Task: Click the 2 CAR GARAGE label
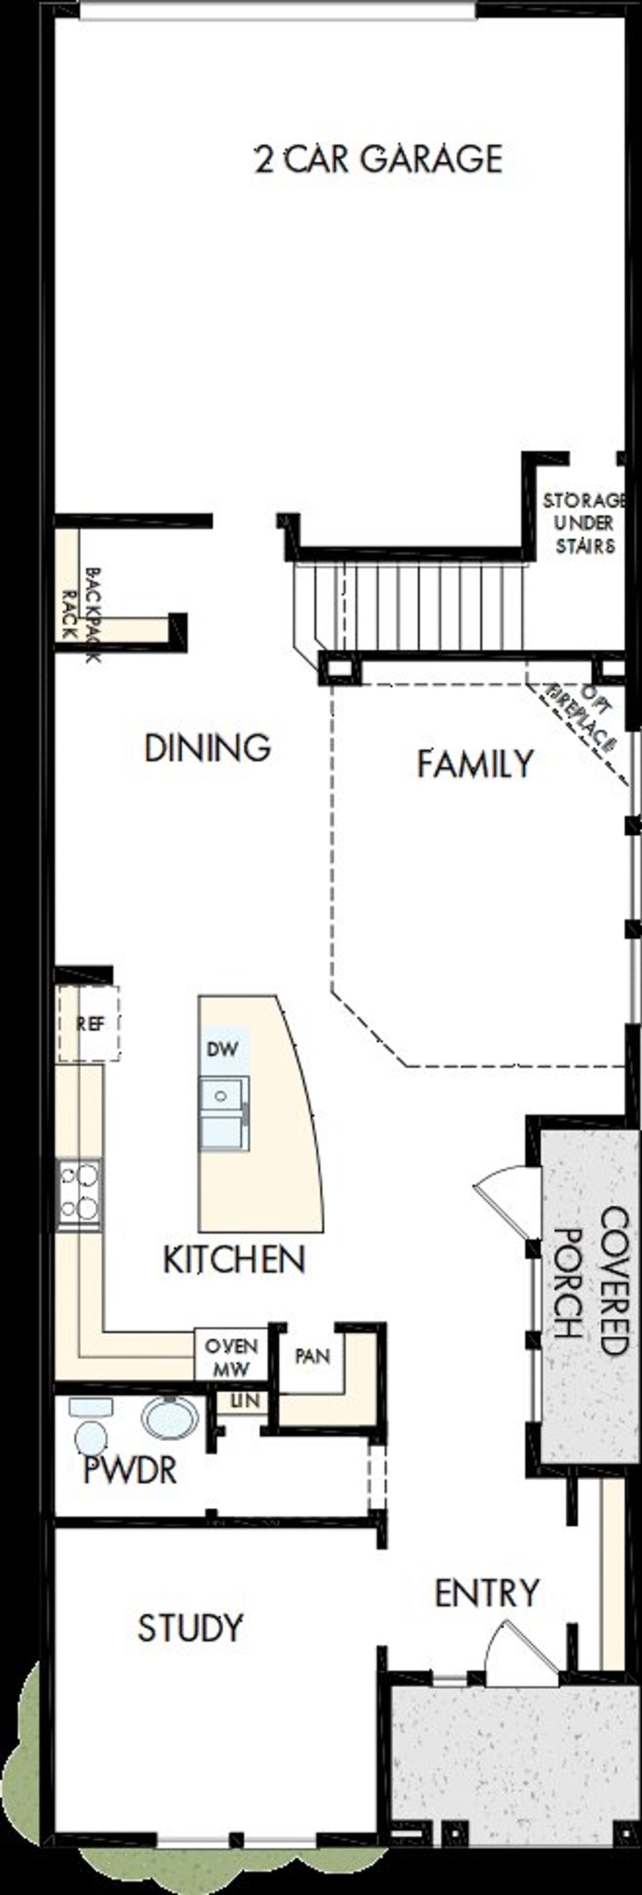point(379,159)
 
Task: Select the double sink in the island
point(224,1114)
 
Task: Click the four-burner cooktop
point(79,1195)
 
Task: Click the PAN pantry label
point(312,1355)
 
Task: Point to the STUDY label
point(190,1628)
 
